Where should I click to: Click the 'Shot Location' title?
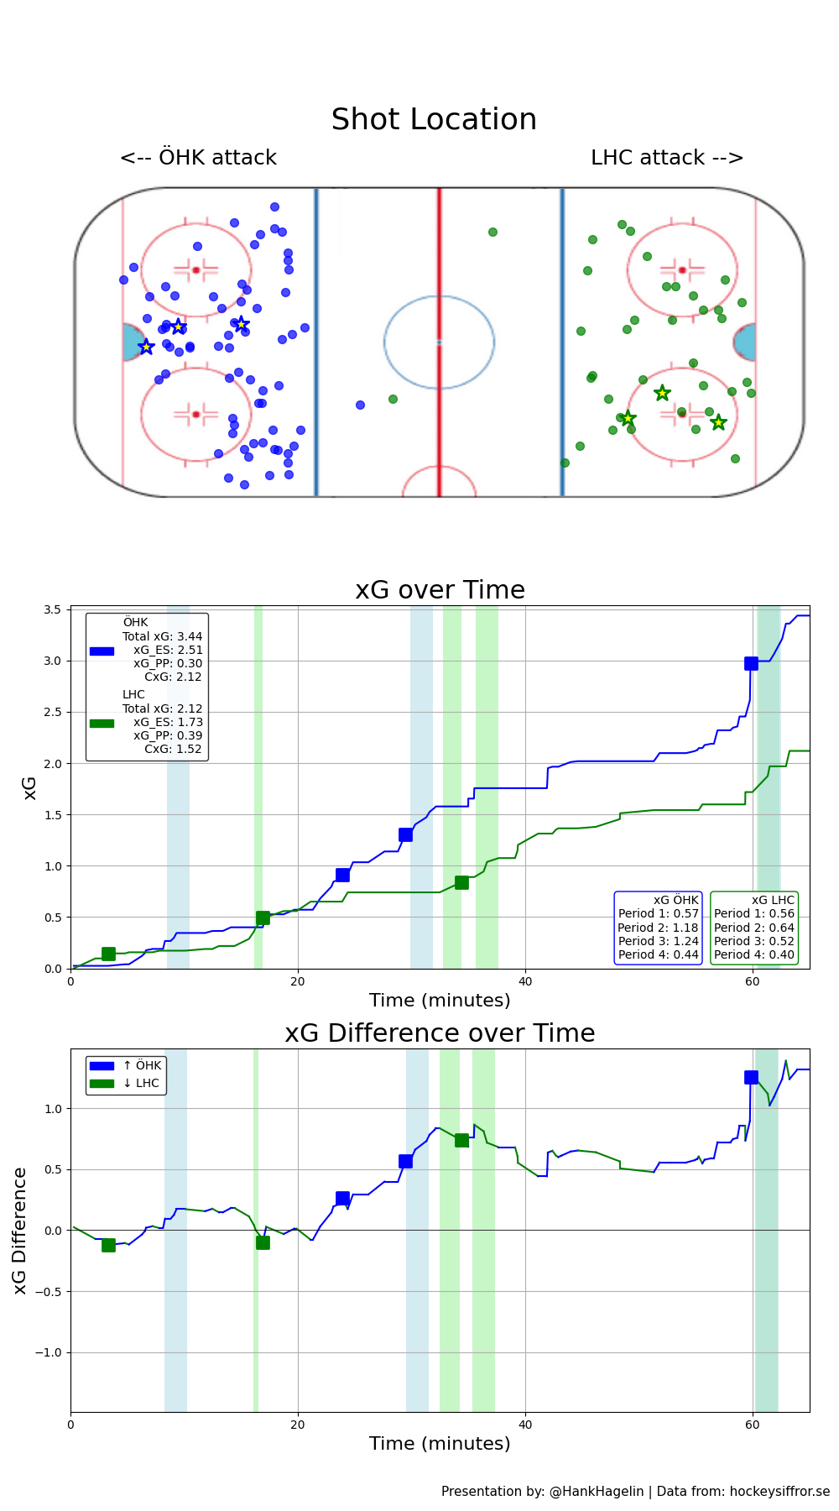click(434, 119)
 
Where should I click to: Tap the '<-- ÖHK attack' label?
click(198, 158)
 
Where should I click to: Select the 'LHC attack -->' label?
click(667, 158)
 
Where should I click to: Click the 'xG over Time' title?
click(440, 590)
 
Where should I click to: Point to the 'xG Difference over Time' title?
click(440, 1033)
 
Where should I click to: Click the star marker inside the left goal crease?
click(146, 347)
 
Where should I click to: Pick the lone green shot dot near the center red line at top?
click(492, 232)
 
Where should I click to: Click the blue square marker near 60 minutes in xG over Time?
click(751, 663)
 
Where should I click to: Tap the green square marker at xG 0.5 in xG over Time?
click(263, 918)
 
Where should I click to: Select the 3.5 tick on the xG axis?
click(53, 610)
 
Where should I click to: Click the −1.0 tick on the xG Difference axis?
click(48, 1352)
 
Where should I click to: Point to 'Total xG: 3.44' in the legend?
click(163, 636)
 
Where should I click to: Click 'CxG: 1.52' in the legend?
click(173, 749)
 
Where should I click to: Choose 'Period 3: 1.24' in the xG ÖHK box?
click(659, 941)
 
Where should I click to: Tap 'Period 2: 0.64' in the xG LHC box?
click(754, 928)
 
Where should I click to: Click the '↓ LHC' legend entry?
click(141, 1083)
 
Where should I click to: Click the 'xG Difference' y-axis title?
click(20, 1230)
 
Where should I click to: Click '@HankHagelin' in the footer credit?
click(597, 1491)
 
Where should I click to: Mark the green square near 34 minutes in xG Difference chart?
click(461, 1140)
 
